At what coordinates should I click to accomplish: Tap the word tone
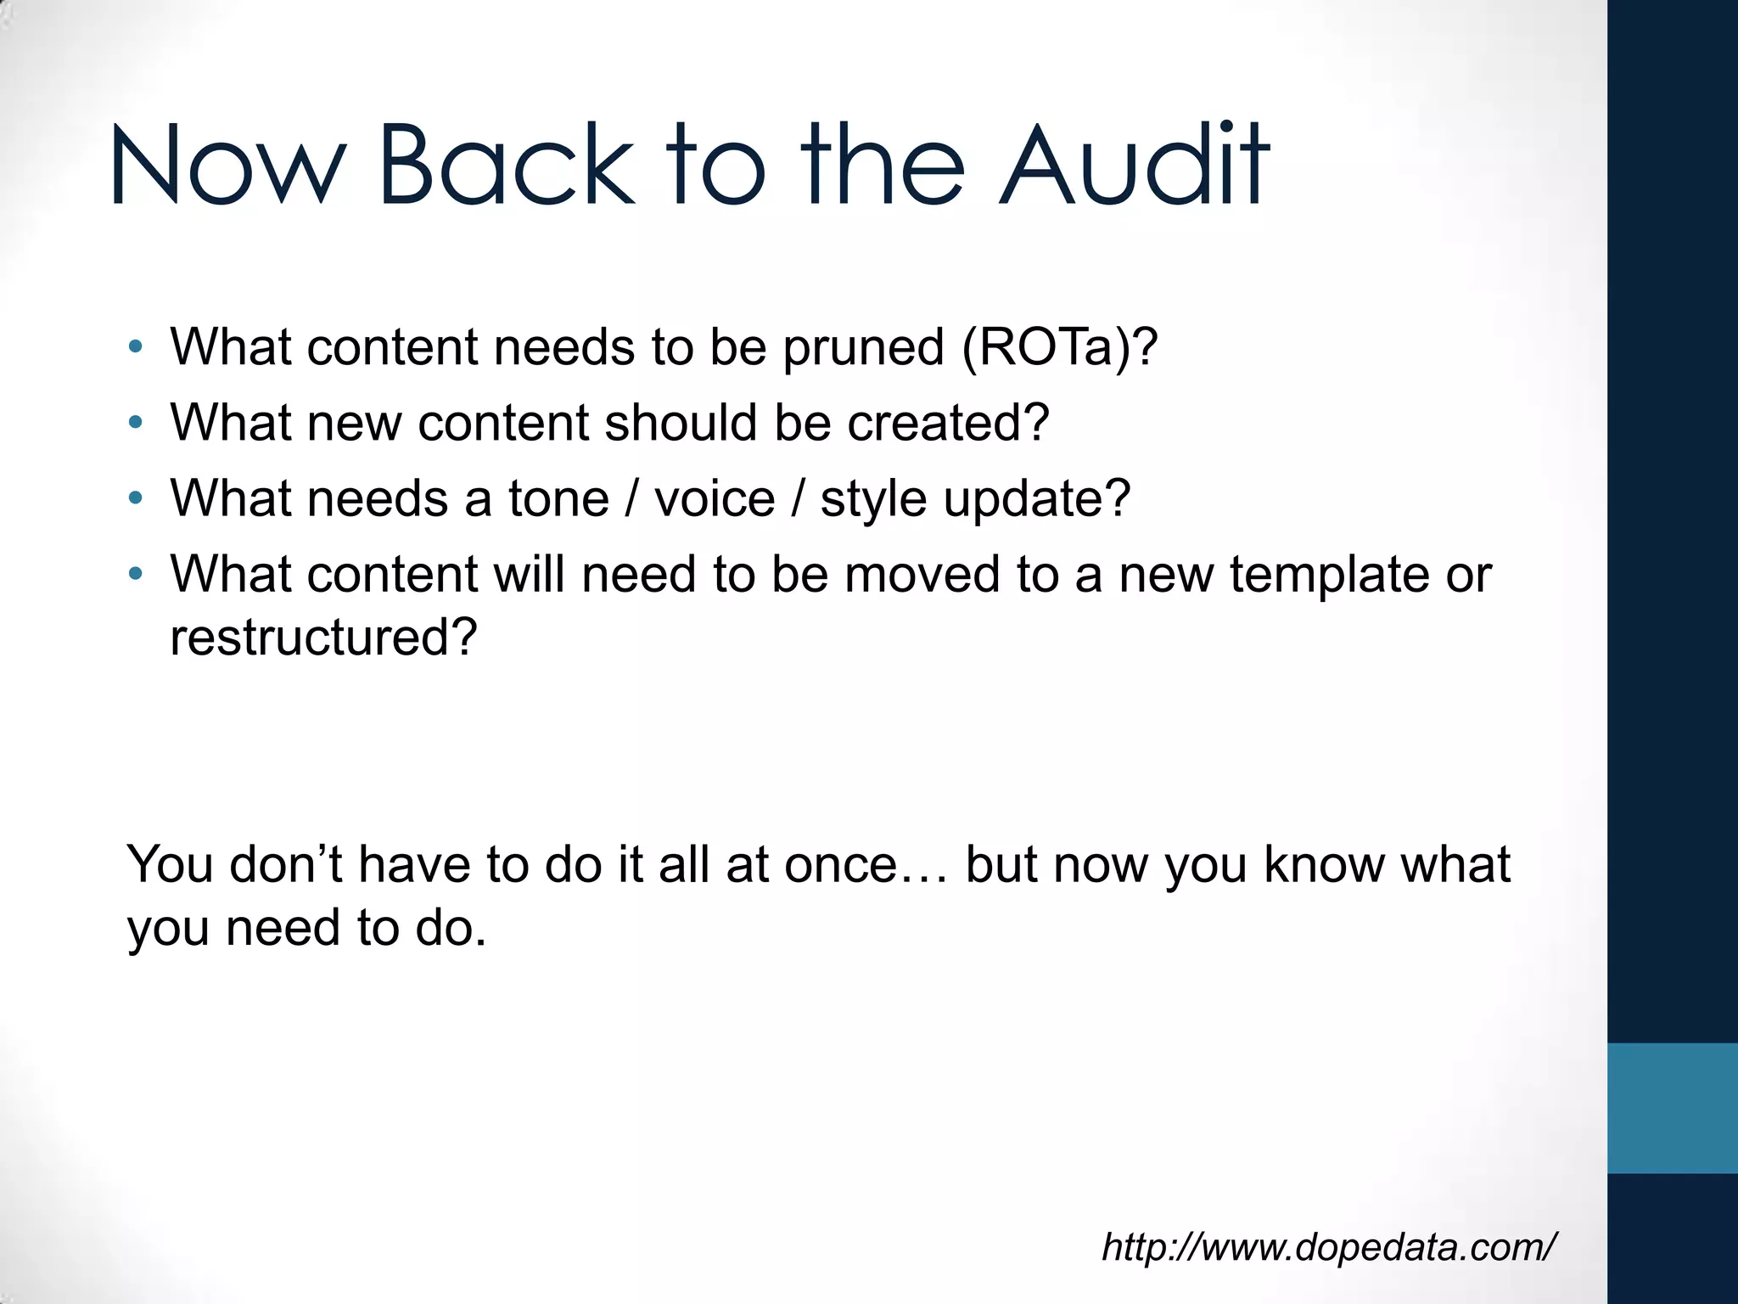[558, 498]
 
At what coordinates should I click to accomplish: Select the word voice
[715, 498]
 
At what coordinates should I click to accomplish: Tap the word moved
[922, 574]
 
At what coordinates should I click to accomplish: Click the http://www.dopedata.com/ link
[1328, 1247]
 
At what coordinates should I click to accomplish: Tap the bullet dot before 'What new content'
[135, 423]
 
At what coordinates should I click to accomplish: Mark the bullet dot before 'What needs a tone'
[135, 498]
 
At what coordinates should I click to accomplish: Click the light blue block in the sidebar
[1672, 1108]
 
